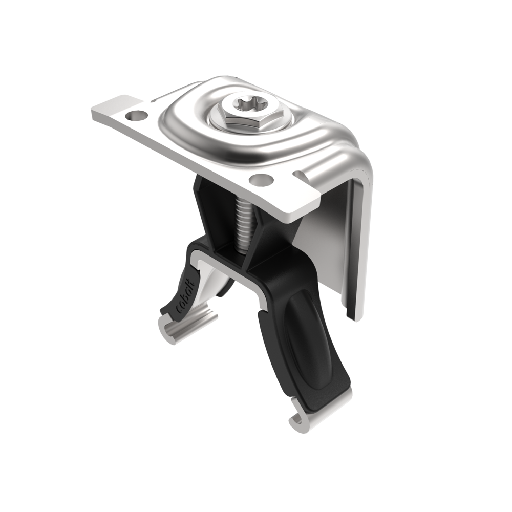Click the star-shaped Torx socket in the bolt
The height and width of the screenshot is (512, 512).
pyautogui.click(x=244, y=105)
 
